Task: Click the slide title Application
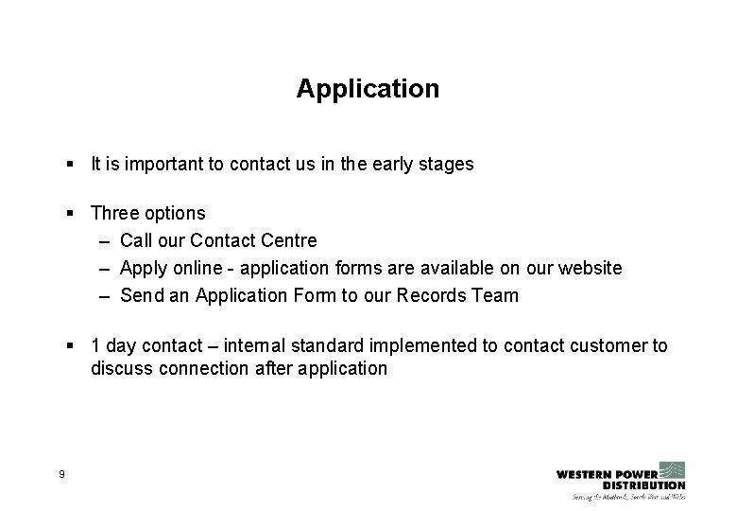(368, 89)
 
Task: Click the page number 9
(61, 473)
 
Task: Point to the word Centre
(288, 241)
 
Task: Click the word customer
(607, 346)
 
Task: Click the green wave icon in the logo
(672, 470)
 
